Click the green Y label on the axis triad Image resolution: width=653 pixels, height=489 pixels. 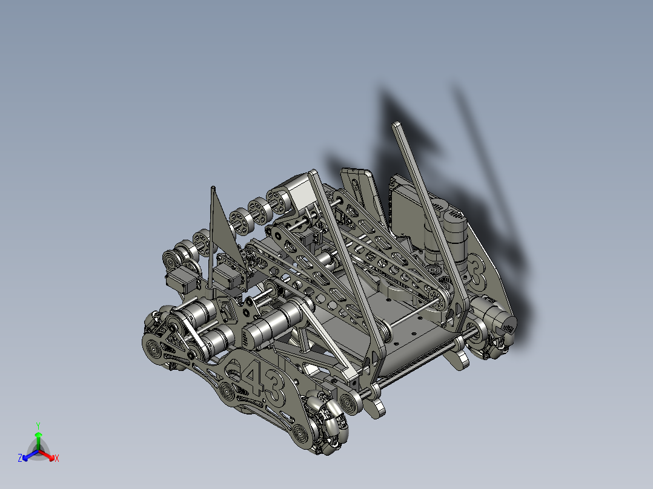pyautogui.click(x=38, y=425)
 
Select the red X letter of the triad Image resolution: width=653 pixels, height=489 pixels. pyautogui.click(x=57, y=458)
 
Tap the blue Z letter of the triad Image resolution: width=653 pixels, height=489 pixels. pyautogui.click(x=20, y=459)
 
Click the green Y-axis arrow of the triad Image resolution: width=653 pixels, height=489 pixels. pyautogui.click(x=38, y=438)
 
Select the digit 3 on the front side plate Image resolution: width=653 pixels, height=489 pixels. pyautogui.click(x=273, y=387)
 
